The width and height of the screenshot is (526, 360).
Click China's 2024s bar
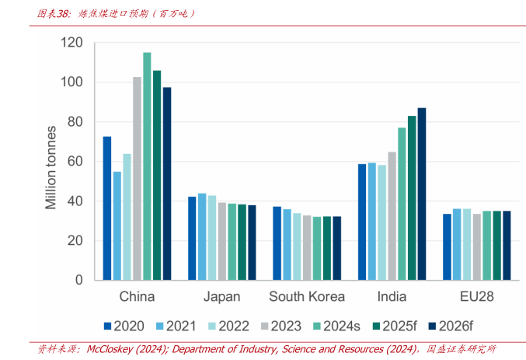pyautogui.click(x=147, y=166)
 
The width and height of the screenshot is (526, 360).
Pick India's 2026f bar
pyautogui.click(x=422, y=194)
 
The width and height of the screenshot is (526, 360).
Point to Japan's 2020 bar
pyautogui.click(x=192, y=238)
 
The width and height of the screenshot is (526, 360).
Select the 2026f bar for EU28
pyautogui.click(x=507, y=245)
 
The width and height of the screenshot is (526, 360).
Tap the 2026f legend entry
pyautogui.click(x=452, y=325)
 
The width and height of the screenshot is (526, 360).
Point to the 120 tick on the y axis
pyautogui.click(x=72, y=43)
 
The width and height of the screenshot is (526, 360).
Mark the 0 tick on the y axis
pyautogui.click(x=79, y=280)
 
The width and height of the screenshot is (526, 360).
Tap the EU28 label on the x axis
pyautogui.click(x=476, y=297)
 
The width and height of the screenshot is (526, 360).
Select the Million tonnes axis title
pyautogui.click(x=51, y=167)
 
